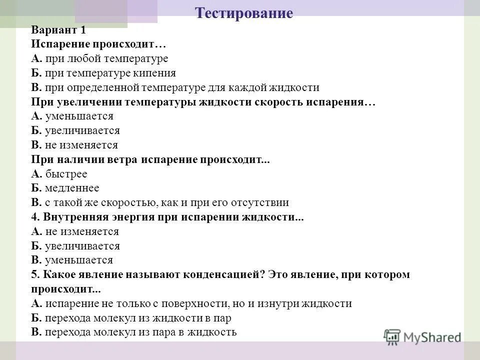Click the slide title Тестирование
[x=243, y=13]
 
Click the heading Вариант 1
[x=58, y=29]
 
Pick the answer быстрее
[x=66, y=174]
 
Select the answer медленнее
[x=72, y=188]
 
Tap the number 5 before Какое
[x=34, y=274]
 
